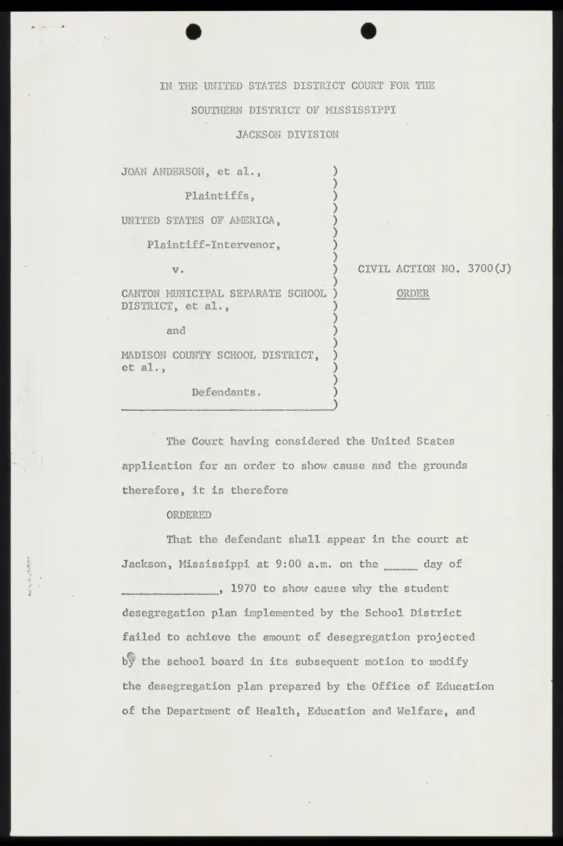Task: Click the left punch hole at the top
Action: [194, 32]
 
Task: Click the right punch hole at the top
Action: [369, 31]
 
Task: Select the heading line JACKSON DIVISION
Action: [287, 134]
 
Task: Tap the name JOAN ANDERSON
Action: [163, 172]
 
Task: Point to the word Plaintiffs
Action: [219, 196]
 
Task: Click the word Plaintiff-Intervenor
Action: [213, 244]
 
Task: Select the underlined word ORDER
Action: [413, 293]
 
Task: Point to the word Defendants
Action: [226, 392]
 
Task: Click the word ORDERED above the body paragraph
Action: [188, 515]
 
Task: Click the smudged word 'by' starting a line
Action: [130, 661]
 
